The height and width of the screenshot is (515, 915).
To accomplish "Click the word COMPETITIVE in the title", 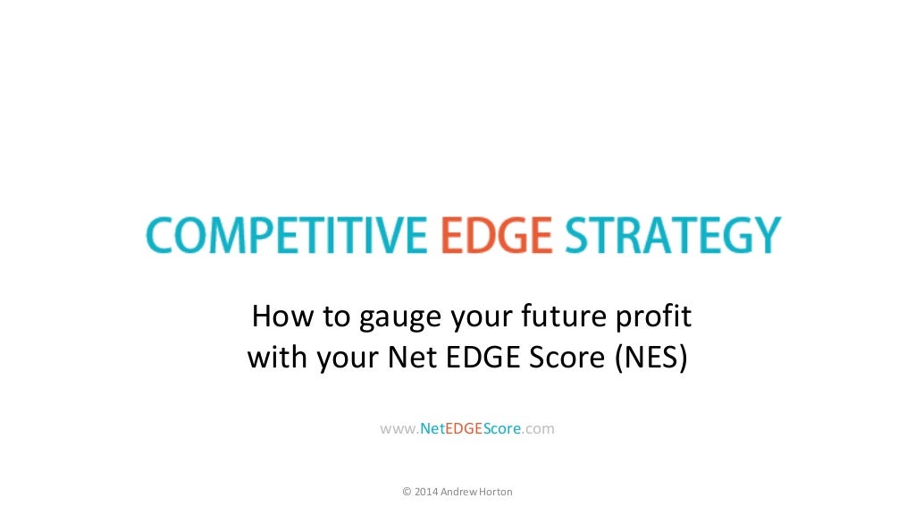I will click(x=287, y=236).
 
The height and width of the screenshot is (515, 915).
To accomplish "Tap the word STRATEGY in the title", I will click(x=673, y=236).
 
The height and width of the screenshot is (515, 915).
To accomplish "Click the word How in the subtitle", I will click(x=276, y=317).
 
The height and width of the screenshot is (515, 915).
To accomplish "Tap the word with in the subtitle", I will click(x=273, y=358).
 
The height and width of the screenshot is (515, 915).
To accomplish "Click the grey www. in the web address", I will click(x=399, y=429).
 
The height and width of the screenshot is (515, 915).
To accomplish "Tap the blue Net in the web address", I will click(x=432, y=429).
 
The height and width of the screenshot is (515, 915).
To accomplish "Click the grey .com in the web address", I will click(x=539, y=429).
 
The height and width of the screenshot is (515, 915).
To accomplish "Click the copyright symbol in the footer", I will click(x=407, y=492).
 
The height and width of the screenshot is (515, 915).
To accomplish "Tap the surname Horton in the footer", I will click(x=495, y=492).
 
